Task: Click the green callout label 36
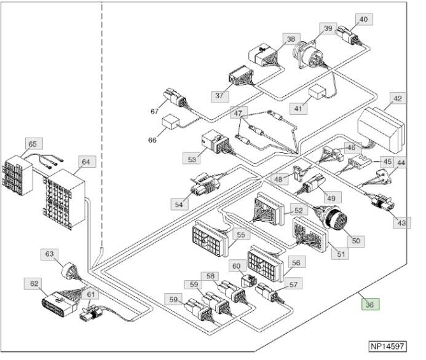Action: (x=370, y=303)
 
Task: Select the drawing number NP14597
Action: (x=393, y=346)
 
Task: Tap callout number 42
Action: (x=398, y=98)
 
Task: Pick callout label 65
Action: (x=33, y=144)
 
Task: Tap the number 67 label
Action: (x=155, y=111)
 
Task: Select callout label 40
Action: (x=363, y=20)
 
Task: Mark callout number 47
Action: (x=238, y=114)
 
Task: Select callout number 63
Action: (x=49, y=253)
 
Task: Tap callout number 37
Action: (x=219, y=96)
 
